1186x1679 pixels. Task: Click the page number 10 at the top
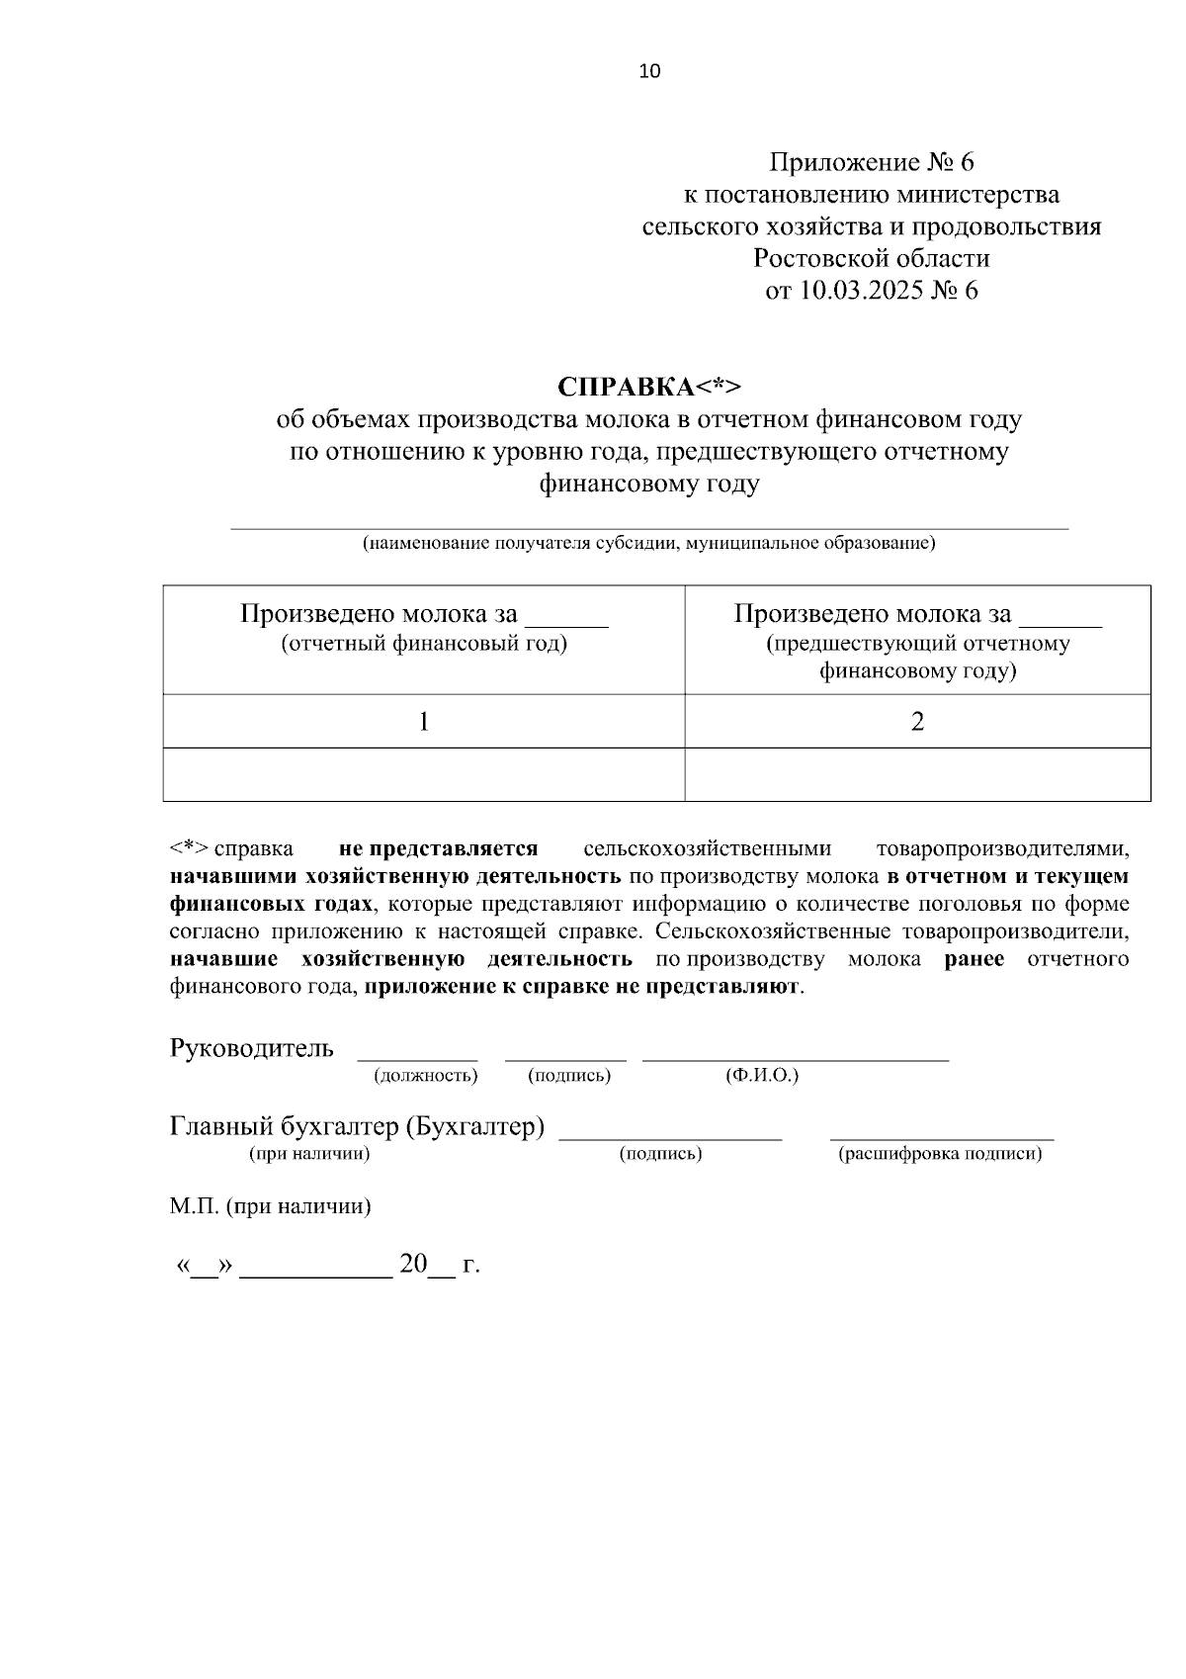coord(650,71)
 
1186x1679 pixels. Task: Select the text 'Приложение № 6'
coord(872,162)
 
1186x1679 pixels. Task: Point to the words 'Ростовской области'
coord(871,259)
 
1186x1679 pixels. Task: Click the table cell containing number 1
coord(424,722)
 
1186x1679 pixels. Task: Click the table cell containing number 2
coord(917,722)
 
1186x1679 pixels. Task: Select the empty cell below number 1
coord(424,774)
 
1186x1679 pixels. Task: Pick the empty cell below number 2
coord(917,774)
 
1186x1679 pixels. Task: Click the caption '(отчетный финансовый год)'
coord(424,645)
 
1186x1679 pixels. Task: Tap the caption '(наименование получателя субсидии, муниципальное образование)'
coord(648,544)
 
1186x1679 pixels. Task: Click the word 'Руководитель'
coord(252,1048)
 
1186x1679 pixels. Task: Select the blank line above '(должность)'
coord(417,1056)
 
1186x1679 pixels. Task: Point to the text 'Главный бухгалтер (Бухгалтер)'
coord(357,1127)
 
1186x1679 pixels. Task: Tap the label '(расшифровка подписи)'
coord(940,1154)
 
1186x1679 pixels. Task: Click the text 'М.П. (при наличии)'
coord(270,1207)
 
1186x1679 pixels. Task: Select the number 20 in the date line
coord(412,1265)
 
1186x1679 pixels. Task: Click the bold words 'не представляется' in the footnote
coord(438,849)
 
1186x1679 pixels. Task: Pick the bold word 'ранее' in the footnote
coord(974,960)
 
